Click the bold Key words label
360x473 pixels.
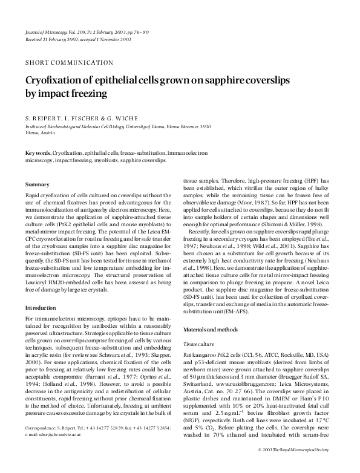pos(38,155)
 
